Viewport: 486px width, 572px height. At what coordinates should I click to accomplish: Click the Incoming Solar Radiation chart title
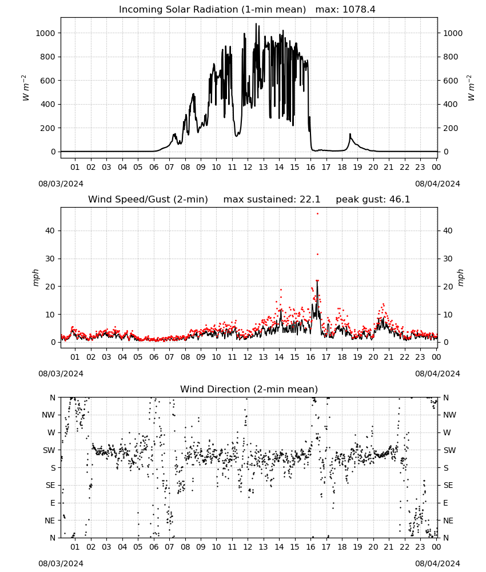(212, 9)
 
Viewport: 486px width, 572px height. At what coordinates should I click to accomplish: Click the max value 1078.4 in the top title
(358, 9)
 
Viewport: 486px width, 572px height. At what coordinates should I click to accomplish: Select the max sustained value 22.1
(310, 199)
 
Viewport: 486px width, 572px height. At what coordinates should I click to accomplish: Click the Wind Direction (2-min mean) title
(249, 389)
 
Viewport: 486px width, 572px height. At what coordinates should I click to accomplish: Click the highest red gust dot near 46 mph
(317, 214)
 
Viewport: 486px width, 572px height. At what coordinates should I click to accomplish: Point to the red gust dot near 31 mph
(317, 255)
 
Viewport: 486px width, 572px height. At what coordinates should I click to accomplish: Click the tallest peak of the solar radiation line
(256, 23)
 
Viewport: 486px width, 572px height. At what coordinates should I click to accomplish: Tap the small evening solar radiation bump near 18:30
(350, 134)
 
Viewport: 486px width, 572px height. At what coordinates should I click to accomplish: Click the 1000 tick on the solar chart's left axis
(45, 33)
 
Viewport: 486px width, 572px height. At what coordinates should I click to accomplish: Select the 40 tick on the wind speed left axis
(50, 231)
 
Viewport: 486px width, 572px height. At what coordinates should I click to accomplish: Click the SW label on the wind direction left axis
(49, 450)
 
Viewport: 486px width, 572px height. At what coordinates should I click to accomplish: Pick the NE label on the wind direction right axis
(448, 521)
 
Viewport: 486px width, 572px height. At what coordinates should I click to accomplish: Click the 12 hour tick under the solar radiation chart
(248, 167)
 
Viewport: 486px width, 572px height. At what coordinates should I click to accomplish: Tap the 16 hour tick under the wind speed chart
(310, 357)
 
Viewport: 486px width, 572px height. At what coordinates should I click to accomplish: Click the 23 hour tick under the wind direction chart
(420, 547)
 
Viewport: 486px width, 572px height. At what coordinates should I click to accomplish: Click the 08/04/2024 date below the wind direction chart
(437, 563)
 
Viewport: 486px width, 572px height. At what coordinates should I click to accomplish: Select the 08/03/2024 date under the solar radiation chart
(61, 184)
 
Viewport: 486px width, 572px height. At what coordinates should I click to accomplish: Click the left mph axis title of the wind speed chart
(35, 277)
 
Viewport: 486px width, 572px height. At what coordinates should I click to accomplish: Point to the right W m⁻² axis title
(471, 88)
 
